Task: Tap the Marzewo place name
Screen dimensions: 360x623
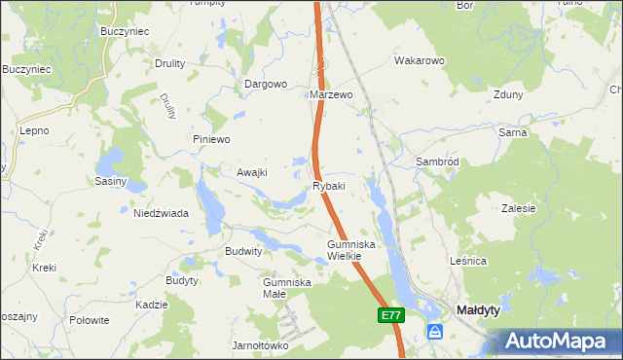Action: pos(330,95)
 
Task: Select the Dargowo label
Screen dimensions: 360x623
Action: pos(266,84)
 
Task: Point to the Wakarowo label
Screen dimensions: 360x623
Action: pos(419,60)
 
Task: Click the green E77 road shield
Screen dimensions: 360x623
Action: pos(390,315)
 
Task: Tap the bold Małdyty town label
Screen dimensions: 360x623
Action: pos(478,310)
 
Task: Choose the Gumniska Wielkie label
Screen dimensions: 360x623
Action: pos(345,250)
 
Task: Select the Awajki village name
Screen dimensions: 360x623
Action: pos(252,172)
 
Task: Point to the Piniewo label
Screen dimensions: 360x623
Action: pos(210,139)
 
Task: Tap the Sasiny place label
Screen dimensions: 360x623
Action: pos(109,181)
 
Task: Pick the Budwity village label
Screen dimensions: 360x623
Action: pos(244,250)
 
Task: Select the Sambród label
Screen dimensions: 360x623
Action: pos(436,161)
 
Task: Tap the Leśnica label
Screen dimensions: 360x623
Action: pos(467,262)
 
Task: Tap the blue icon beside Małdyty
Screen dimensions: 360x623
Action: pos(435,333)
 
